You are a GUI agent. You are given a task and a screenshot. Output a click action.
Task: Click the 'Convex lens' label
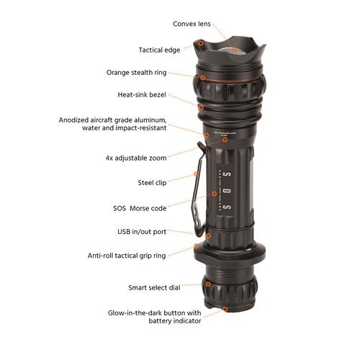click(x=192, y=24)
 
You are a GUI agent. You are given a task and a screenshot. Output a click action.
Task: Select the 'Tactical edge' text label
click(x=159, y=50)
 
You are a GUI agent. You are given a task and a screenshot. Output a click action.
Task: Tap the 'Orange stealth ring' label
click(x=136, y=73)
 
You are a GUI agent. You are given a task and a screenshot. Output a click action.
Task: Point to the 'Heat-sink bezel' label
click(x=142, y=95)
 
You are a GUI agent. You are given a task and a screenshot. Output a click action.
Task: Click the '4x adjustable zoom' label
click(x=136, y=158)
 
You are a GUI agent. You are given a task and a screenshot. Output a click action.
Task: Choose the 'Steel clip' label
click(x=152, y=183)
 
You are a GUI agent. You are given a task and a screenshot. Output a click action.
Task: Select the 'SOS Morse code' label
click(x=140, y=208)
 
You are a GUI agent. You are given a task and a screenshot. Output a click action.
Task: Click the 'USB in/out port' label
click(x=142, y=232)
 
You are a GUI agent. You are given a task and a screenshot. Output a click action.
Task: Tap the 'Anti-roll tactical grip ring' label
click(x=127, y=256)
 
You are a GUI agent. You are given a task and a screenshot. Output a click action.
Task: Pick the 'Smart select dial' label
click(x=154, y=287)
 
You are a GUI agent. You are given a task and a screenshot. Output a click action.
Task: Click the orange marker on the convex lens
click(x=234, y=50)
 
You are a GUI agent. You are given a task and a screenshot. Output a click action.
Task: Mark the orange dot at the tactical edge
click(x=201, y=43)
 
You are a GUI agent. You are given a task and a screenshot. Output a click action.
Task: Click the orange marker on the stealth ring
click(x=203, y=78)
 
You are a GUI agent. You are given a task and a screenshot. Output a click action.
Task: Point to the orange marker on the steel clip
click(x=197, y=174)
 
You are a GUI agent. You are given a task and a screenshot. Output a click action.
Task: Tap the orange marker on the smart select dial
click(x=208, y=284)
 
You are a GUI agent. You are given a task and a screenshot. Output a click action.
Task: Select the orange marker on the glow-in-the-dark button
click(x=225, y=309)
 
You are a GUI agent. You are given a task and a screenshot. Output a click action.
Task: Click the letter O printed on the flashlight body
click(x=227, y=192)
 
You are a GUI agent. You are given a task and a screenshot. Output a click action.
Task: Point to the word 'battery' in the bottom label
click(x=160, y=321)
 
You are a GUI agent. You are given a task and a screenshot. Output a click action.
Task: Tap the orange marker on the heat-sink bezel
click(x=201, y=107)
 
